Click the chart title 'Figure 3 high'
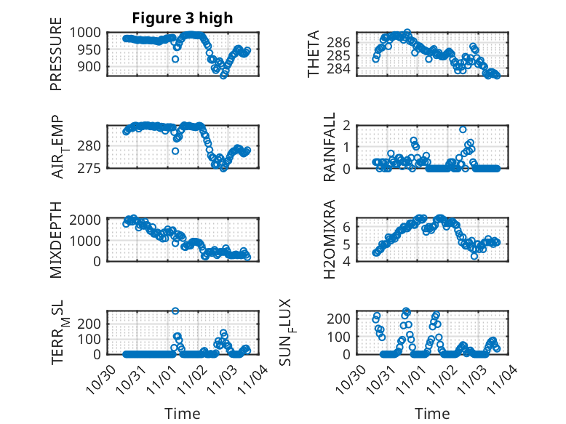(183, 18)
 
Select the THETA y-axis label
(314, 55)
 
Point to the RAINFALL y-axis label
(330, 147)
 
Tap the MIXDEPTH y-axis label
(56, 240)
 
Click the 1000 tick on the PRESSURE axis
(91, 32)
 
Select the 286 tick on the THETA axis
(363, 42)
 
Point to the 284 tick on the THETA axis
(363, 69)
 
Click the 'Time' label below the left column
(183, 413)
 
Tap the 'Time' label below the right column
(432, 413)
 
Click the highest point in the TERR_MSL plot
(175, 311)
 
